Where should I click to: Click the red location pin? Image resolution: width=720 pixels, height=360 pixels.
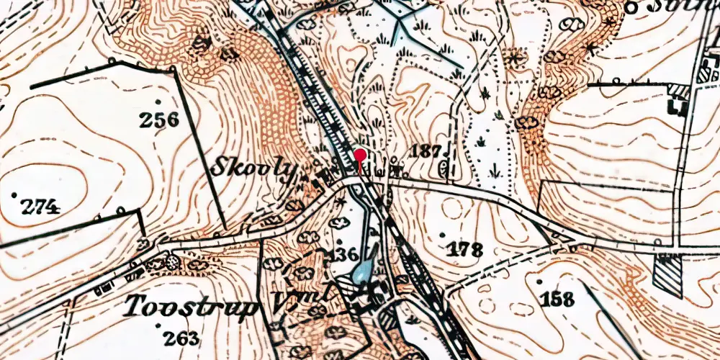pyautogui.click(x=359, y=155)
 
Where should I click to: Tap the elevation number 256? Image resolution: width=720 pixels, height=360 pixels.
pyautogui.click(x=159, y=120)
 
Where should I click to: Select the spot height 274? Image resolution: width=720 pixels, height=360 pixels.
pyautogui.click(x=39, y=208)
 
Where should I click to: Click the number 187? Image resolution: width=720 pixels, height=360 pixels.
pyautogui.click(x=426, y=150)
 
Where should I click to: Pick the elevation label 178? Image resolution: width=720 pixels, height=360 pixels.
pyautogui.click(x=464, y=250)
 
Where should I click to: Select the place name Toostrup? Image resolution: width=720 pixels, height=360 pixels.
pyautogui.click(x=192, y=307)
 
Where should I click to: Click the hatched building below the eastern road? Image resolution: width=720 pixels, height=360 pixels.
pyautogui.click(x=667, y=275)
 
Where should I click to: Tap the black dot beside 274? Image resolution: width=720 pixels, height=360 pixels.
pyautogui.click(x=14, y=195)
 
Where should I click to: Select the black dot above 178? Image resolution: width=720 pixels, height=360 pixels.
pyautogui.click(x=441, y=235)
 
